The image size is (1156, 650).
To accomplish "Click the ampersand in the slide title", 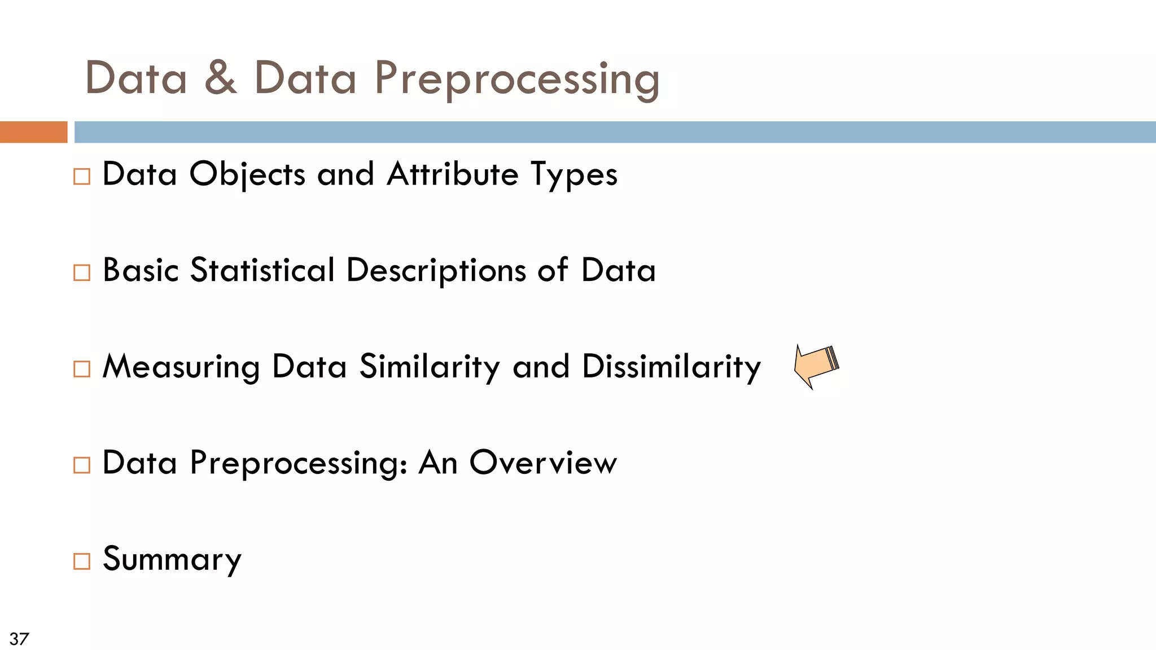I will pos(220,78).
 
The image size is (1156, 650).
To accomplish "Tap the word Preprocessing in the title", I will pos(516,79).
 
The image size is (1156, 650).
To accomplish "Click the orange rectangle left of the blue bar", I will pos(33,132).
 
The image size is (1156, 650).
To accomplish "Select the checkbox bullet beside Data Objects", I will pos(82,177).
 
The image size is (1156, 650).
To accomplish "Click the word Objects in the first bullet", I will pos(247,174).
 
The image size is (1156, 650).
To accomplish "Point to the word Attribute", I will pos(452,174).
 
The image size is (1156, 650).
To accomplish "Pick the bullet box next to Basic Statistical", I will pos(82,273).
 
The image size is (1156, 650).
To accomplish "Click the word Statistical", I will pos(262,270).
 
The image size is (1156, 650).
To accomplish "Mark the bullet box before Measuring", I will pos(82,369).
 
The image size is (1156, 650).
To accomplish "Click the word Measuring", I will pos(181,367).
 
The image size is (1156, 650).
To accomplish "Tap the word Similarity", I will pos(430,367).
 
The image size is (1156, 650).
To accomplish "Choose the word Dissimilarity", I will pos(671,367).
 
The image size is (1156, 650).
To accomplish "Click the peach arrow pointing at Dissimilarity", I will pos(815,366).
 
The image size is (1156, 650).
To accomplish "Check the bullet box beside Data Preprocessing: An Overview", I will pos(82,465).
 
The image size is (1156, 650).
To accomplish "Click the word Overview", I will pos(543,463).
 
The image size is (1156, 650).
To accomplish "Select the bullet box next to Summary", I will pos(82,561).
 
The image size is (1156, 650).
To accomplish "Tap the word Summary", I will pos(172,560).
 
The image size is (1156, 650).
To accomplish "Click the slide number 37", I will pos(19,639).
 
